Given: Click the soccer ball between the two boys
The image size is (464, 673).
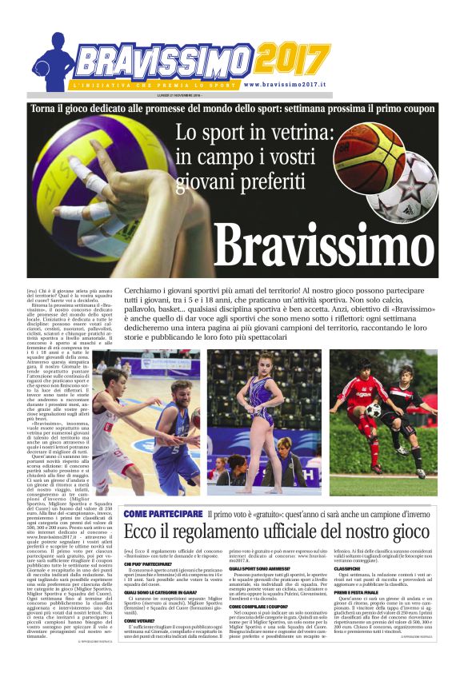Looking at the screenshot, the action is coord(374,410).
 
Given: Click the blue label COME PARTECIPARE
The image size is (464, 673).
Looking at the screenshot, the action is coord(163,513).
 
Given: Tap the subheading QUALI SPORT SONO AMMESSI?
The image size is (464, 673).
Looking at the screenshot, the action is coord(265,569).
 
